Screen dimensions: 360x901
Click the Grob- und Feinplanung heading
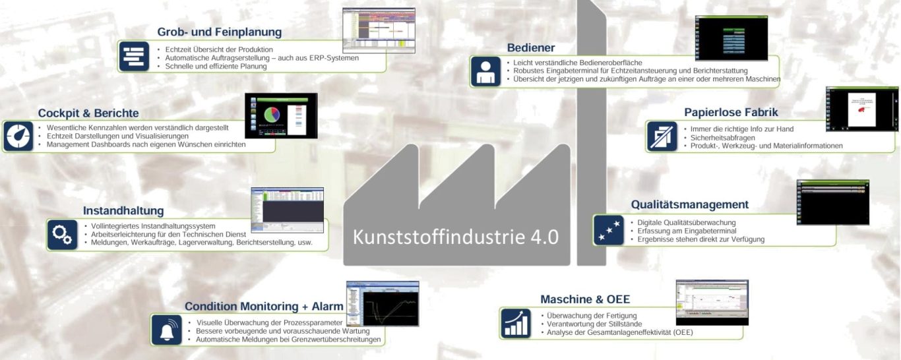[x=219, y=32]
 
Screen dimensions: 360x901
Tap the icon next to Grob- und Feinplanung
[x=134, y=56]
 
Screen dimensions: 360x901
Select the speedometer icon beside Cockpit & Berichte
[x=18, y=136]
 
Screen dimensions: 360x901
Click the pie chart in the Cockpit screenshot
[x=271, y=115]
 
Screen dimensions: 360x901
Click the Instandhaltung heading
[x=123, y=211]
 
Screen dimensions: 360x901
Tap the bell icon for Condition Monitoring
[x=166, y=329]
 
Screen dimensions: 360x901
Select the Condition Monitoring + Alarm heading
[x=264, y=306]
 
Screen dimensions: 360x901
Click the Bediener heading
[x=530, y=47]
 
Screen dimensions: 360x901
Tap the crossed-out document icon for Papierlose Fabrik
[x=661, y=136]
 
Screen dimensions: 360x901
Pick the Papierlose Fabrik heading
[x=731, y=112]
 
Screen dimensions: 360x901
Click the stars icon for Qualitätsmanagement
[x=607, y=230]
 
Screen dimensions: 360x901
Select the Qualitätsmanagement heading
[x=689, y=204]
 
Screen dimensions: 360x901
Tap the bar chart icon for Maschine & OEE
[x=514, y=323]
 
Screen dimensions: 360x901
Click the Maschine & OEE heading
[x=585, y=299]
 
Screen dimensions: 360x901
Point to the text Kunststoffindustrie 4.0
[x=456, y=237]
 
